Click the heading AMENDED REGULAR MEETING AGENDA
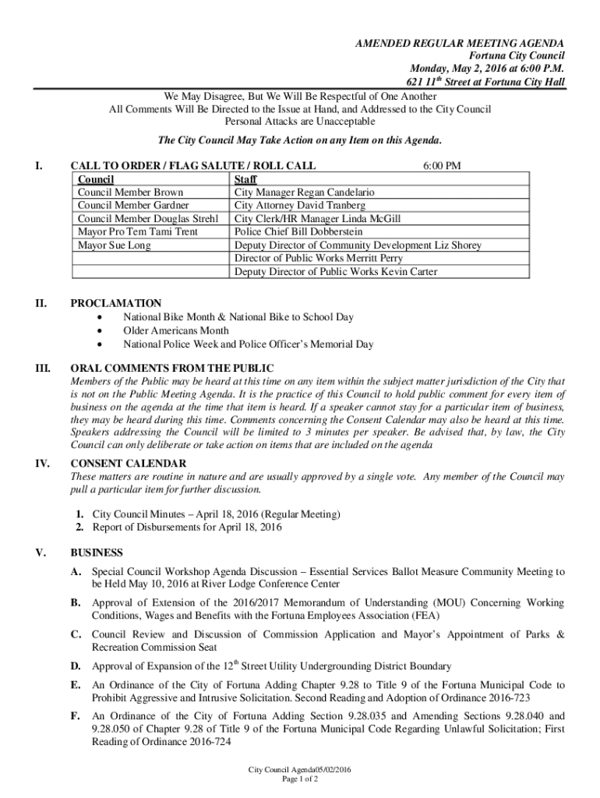click(x=459, y=43)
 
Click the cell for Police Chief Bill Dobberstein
click(x=298, y=231)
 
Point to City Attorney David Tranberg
click(x=295, y=205)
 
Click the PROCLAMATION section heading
click(x=116, y=303)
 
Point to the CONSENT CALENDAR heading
click(x=129, y=464)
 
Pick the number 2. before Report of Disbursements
click(x=79, y=528)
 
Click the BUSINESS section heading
click(x=97, y=553)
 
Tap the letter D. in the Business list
click(x=76, y=666)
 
